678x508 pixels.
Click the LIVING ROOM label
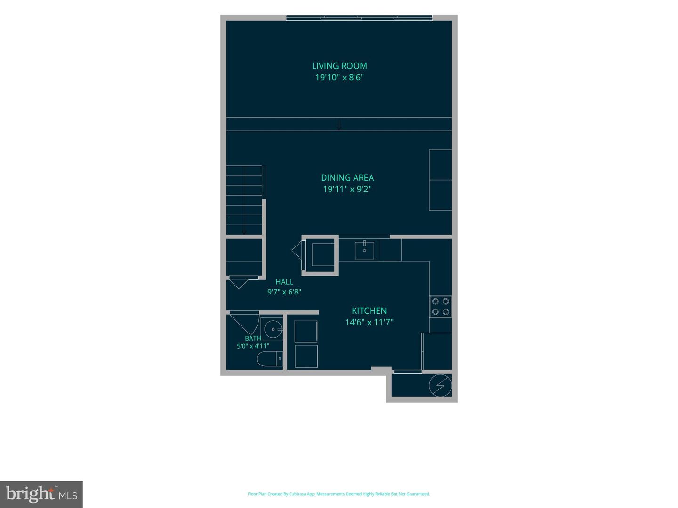click(x=339, y=66)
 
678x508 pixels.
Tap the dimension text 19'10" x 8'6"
click(x=339, y=77)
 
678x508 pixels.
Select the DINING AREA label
click(x=347, y=178)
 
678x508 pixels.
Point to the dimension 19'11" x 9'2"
click(x=347, y=189)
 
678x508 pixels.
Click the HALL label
click(x=284, y=282)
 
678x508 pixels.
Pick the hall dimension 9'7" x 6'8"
click(x=284, y=292)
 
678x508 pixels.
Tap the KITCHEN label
click(x=369, y=310)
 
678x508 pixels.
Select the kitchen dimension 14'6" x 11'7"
click(x=369, y=322)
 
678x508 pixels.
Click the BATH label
click(x=253, y=338)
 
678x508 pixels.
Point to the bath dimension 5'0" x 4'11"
click(x=253, y=346)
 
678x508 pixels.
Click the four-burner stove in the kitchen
click(x=441, y=306)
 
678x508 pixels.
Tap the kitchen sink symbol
click(x=364, y=250)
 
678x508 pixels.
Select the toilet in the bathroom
click(x=269, y=359)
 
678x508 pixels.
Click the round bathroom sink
click(x=273, y=329)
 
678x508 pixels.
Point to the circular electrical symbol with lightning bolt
click(x=440, y=385)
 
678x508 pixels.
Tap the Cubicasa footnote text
click(x=339, y=494)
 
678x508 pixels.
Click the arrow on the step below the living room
click(x=339, y=124)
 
